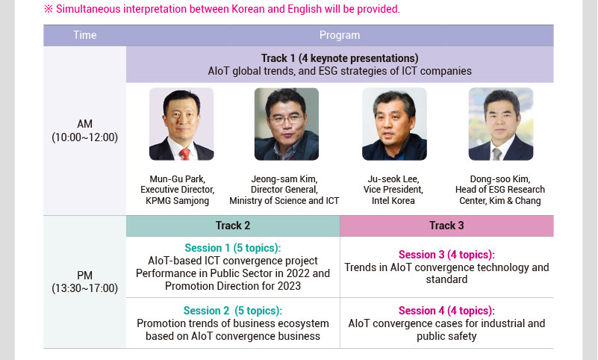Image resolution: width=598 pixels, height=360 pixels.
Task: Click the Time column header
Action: click(84, 35)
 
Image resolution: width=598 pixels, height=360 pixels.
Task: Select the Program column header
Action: click(340, 35)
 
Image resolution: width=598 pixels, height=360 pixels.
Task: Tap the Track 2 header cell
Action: click(233, 226)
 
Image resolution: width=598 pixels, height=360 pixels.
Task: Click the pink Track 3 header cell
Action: click(446, 226)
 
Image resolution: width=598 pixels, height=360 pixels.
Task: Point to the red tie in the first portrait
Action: click(185, 154)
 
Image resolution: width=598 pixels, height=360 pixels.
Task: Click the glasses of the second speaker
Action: click(286, 120)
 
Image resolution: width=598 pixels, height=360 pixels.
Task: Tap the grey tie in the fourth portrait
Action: click(496, 154)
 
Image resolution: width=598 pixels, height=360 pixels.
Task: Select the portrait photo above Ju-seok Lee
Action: click(394, 124)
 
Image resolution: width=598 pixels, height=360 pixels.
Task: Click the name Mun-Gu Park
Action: click(178, 179)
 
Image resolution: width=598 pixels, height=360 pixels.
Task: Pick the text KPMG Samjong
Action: click(178, 201)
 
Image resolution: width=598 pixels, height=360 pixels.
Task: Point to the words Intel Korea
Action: click(393, 201)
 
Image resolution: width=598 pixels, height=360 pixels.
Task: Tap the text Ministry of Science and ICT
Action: click(284, 201)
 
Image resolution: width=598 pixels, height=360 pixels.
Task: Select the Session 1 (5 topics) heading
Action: click(233, 248)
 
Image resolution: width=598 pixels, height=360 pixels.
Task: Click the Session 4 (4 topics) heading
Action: click(446, 311)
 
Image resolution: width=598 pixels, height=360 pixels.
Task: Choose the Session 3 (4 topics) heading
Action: click(446, 255)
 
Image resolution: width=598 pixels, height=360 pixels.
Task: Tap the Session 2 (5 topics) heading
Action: click(233, 311)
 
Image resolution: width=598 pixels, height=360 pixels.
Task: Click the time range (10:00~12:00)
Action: click(84, 137)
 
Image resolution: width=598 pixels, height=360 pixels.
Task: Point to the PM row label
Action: click(84, 276)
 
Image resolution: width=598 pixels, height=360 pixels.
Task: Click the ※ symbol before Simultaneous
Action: click(49, 9)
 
